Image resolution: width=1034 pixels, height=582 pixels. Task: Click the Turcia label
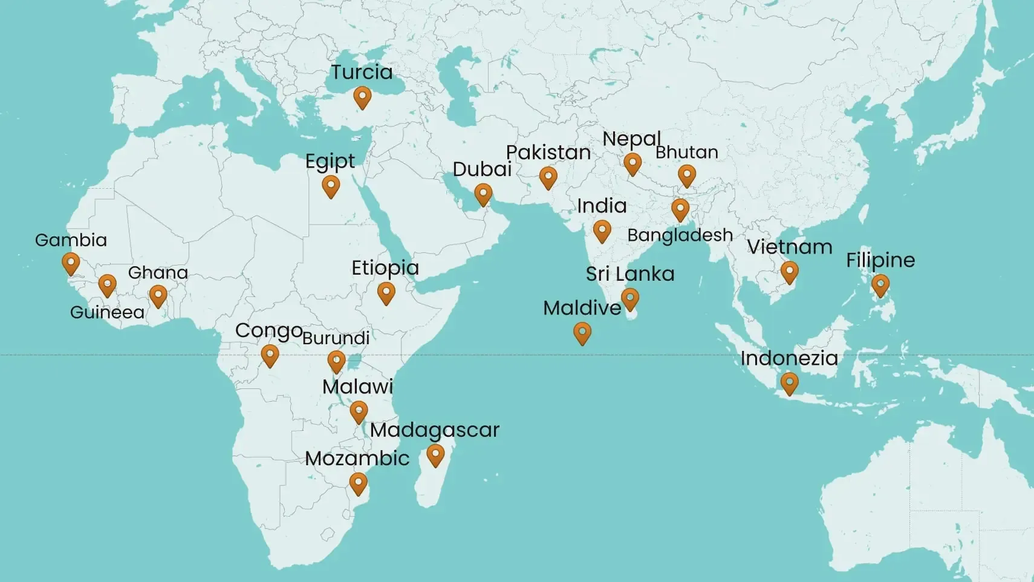point(362,73)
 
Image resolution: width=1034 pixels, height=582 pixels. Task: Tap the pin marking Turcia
point(362,97)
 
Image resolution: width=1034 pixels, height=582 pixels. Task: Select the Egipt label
point(330,162)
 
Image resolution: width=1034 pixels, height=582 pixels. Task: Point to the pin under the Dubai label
point(483,194)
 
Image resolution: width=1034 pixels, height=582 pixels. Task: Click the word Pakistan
point(548,152)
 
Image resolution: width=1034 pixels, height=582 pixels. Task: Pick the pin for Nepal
point(632,163)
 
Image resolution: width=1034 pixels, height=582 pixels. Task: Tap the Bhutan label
point(687,152)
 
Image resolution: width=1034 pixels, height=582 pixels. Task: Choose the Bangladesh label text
point(680,235)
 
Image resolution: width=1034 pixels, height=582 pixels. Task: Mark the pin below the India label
point(602,231)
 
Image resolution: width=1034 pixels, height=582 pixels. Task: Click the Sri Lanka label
point(630,274)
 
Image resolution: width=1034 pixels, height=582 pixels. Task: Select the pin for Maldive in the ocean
point(582,332)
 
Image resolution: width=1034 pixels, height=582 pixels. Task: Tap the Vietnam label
point(790,247)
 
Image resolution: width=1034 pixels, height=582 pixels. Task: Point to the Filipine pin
point(880,285)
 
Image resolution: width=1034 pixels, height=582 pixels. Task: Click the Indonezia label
point(789,358)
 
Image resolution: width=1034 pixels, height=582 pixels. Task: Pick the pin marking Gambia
point(71,263)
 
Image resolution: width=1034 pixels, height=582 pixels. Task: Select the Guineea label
point(107,313)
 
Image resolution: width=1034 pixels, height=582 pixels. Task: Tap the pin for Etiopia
point(386,293)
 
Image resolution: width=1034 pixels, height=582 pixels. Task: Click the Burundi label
point(336,338)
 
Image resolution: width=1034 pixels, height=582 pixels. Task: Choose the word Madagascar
point(435,430)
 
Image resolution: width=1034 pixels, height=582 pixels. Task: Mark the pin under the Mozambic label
point(358,483)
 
